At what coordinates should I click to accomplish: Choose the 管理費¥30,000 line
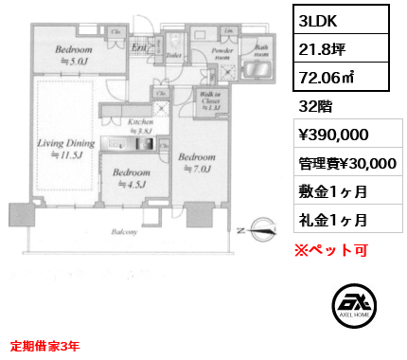pos(347,164)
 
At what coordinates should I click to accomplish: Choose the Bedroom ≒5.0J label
pos(73,55)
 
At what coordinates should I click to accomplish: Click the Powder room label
pos(223,55)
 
